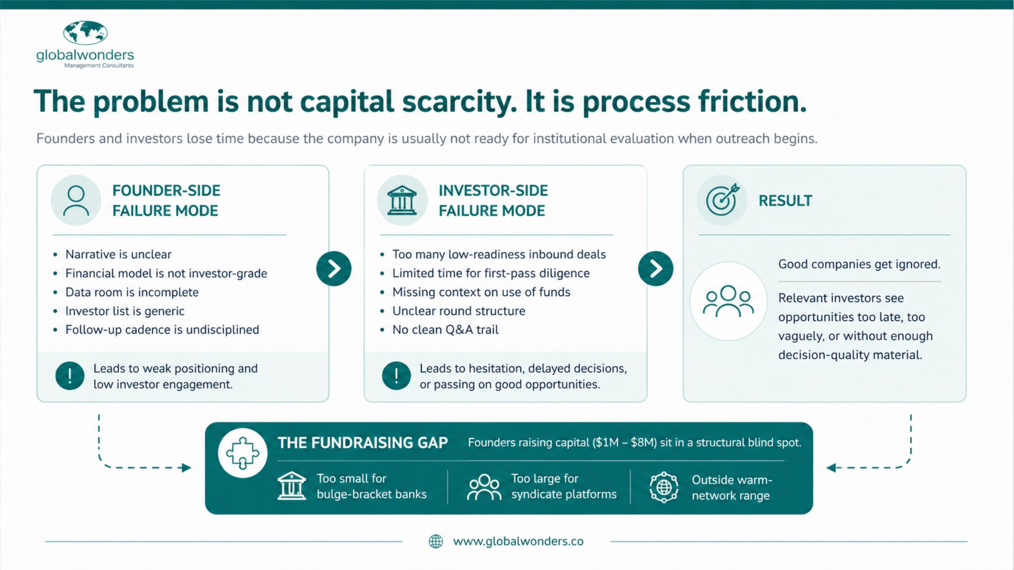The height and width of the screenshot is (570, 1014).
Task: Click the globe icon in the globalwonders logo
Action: coord(85,32)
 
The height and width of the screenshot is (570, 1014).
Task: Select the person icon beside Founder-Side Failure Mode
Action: coord(76,201)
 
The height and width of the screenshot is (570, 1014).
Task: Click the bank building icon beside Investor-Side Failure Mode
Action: coord(402,201)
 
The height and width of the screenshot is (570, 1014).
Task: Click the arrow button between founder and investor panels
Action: coord(334,269)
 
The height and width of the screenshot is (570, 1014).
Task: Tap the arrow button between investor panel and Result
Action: coord(656,269)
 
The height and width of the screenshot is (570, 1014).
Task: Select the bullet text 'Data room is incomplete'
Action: coord(132,292)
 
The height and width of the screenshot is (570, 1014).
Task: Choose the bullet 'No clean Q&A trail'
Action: coord(445,330)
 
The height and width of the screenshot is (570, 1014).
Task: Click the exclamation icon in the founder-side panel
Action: coord(70,376)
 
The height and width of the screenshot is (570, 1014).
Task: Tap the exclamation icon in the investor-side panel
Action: coord(396,376)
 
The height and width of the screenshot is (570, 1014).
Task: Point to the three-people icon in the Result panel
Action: coord(729,301)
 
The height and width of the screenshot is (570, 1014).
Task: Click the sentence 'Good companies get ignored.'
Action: coord(859,264)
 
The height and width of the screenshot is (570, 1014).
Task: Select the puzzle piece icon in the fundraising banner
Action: coord(242,453)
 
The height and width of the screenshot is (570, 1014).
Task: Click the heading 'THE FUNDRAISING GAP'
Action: coord(363,443)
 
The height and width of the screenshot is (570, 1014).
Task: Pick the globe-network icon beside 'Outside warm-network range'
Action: coord(664,487)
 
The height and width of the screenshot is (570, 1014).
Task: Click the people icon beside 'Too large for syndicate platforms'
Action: coord(484,487)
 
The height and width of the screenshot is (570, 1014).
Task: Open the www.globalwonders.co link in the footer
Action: coord(518,542)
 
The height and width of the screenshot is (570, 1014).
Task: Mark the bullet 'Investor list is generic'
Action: coord(125,311)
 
